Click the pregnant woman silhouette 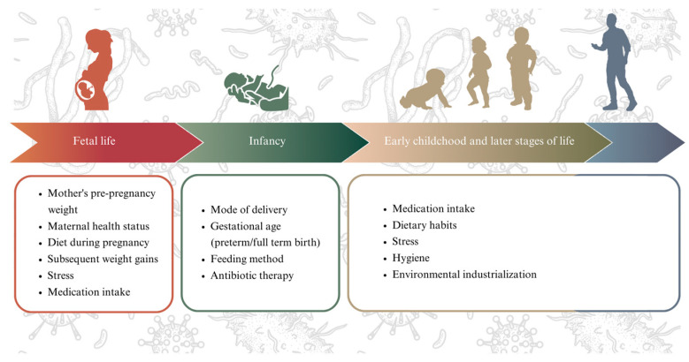(x=96, y=71)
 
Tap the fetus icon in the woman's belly (x=86, y=90)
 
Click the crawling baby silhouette (x=425, y=90)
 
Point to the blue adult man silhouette (x=616, y=62)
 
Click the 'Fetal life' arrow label (x=94, y=141)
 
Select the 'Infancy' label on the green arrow (x=267, y=141)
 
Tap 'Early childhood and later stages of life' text (x=479, y=141)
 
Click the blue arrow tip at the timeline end (x=684, y=143)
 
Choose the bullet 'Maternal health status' (x=98, y=226)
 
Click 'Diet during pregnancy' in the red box (x=98, y=243)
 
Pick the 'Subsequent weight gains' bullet (x=103, y=259)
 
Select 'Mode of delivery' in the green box (x=249, y=210)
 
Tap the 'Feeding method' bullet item (x=247, y=259)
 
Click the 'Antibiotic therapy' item (x=252, y=275)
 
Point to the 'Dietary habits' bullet (x=425, y=225)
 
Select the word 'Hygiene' (x=411, y=258)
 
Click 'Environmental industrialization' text (x=464, y=275)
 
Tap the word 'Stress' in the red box (x=61, y=275)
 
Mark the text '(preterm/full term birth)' (x=265, y=243)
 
